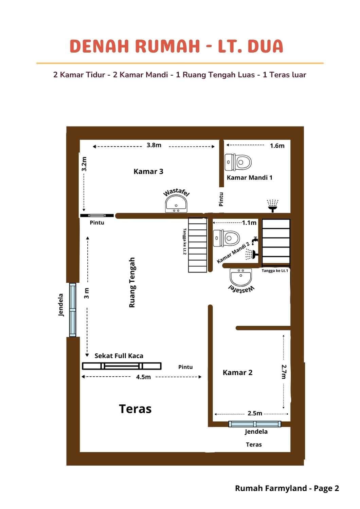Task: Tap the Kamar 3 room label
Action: pos(148,171)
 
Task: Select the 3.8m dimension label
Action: pos(154,145)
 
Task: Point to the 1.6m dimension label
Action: pos(277,146)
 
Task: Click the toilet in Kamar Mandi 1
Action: pos(238,162)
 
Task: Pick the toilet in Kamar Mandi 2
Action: pos(226,238)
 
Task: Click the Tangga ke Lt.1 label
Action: pos(275,271)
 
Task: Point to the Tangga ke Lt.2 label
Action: pos(185,241)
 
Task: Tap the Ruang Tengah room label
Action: pos(132,282)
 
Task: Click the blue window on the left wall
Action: pos(73,310)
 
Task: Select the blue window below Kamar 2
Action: pos(255,424)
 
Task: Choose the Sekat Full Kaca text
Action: pos(119,356)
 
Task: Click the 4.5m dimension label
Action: pos(143,377)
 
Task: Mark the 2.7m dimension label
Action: pos(284,372)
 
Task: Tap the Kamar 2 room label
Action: pos(237,373)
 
